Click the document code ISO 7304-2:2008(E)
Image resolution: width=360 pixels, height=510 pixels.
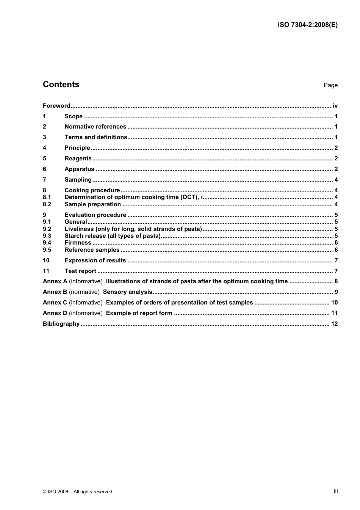coord(307,25)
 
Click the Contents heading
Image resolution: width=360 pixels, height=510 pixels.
coord(61,85)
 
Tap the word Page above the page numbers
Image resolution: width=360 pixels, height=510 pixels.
coord(330,85)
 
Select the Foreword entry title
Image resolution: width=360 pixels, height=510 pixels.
coord(56,106)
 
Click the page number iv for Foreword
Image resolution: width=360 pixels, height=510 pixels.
coord(335,106)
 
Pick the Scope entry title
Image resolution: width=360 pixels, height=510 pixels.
coord(74,116)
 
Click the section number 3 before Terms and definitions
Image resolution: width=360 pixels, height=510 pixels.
coord(44,137)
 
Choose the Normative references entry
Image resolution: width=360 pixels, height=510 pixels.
coord(95,127)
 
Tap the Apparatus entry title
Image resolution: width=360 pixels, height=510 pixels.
coord(79,169)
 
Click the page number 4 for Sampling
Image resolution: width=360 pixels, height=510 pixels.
coord(336,180)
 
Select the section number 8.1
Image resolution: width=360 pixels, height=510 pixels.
coord(47,197)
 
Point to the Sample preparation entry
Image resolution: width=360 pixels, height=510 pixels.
coord(92,204)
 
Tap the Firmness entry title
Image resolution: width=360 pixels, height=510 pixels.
coord(78,243)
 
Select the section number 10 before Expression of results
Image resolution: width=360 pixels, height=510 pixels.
coord(46,260)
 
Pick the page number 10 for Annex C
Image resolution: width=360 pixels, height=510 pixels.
coord(334,303)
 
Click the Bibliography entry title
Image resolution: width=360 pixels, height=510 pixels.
coord(61,324)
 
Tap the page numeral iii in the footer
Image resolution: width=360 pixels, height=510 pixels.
coord(336,491)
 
